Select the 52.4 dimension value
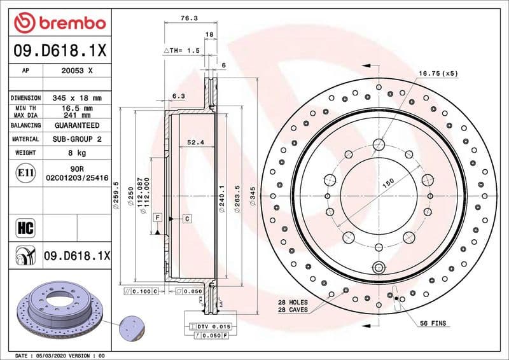pyautogui.click(x=196, y=142)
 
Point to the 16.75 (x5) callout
pyautogui.click(x=438, y=74)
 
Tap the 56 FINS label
pyautogui.click(x=432, y=323)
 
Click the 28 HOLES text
pyautogui.click(x=293, y=302)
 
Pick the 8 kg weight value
pyautogui.click(x=77, y=153)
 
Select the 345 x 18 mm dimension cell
pyautogui.click(x=77, y=98)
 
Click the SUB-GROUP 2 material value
pyautogui.click(x=77, y=139)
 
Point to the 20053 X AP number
pyautogui.click(x=77, y=71)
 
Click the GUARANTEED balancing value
pyautogui.click(x=77, y=125)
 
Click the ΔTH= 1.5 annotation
pyautogui.click(x=182, y=50)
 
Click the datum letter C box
pyautogui.click(x=188, y=219)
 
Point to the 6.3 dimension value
pyautogui.click(x=178, y=96)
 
